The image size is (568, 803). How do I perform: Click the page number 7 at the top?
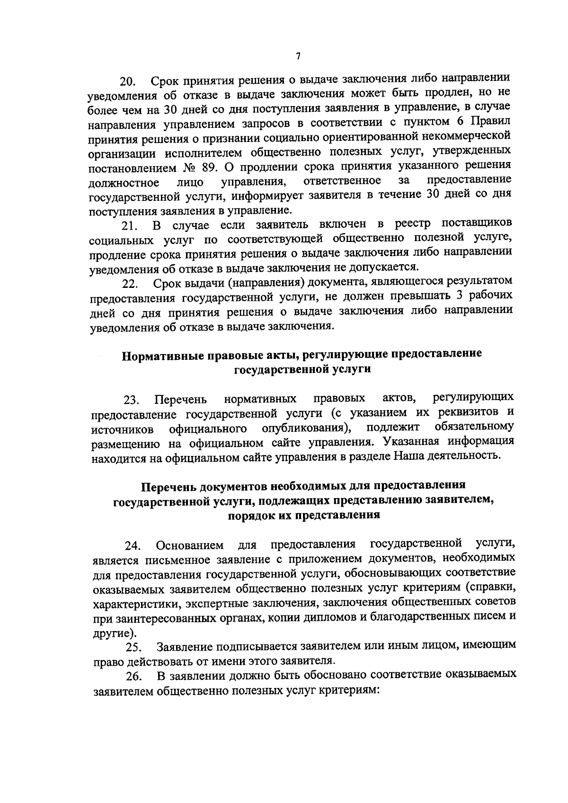pos(298,56)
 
